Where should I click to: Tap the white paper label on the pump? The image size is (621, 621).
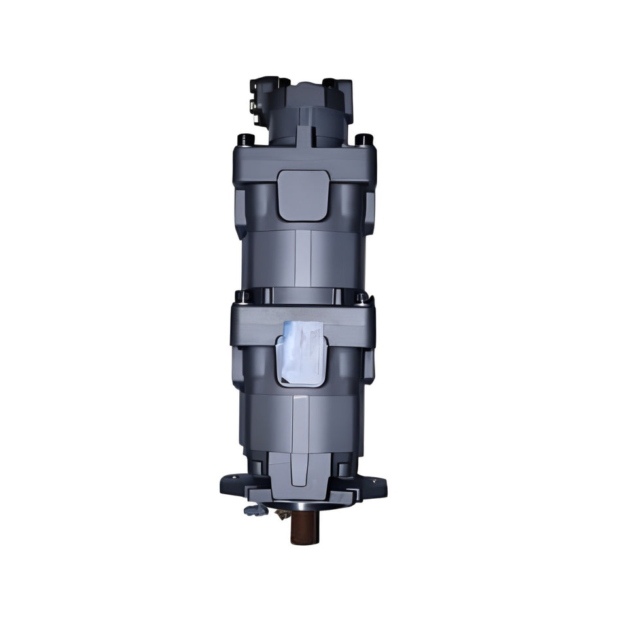coord(301,353)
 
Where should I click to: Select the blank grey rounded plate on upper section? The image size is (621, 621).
coord(303,195)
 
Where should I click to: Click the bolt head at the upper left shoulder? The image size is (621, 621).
coord(246,139)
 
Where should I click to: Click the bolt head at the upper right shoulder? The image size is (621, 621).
coord(364,139)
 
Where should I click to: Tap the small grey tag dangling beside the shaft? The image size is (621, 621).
coord(256,509)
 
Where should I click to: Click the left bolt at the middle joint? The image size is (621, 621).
coord(243,297)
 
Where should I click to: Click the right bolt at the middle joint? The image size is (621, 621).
coord(361,297)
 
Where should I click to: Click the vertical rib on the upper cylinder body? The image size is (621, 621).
coord(303,258)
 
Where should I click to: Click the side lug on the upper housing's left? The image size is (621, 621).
coord(239,212)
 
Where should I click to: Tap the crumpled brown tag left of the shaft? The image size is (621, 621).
coord(283,514)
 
